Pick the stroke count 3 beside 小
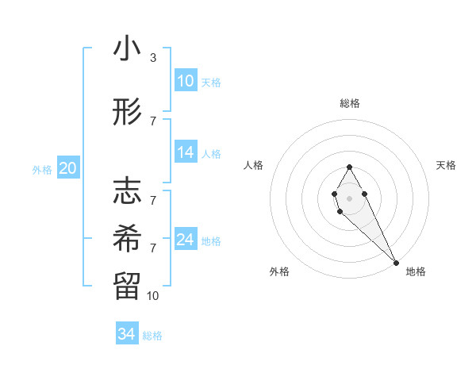tap(152, 58)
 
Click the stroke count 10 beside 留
tap(153, 295)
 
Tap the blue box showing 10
tap(186, 81)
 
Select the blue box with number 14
tap(186, 152)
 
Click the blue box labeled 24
tap(186, 240)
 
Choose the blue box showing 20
tap(68, 168)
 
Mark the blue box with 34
tap(126, 334)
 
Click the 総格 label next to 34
tap(152, 336)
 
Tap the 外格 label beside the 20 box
tap(42, 169)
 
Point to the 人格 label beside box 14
tap(211, 154)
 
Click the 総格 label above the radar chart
tap(350, 103)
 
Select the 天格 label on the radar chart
tap(447, 165)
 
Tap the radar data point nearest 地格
tap(396, 262)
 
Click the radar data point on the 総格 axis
tap(349, 167)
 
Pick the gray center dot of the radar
tap(349, 198)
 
